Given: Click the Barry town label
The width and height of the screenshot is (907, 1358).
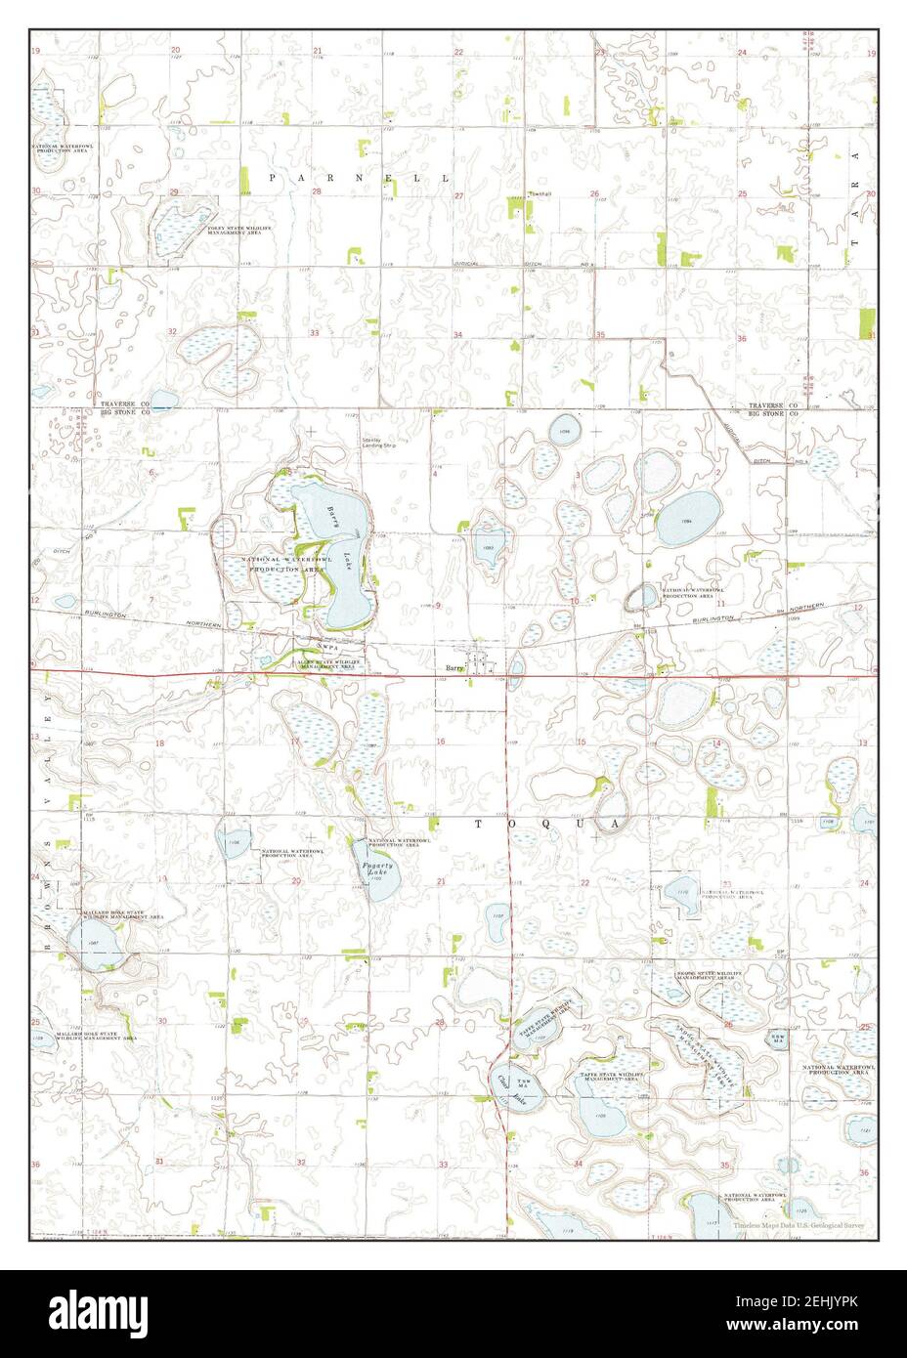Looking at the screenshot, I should [453, 668].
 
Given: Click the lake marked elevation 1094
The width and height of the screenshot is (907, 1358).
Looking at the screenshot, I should [687, 518].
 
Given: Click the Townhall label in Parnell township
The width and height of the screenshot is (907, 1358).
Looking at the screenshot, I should [540, 193].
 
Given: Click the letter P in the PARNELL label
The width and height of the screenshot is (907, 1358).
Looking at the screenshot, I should [273, 177].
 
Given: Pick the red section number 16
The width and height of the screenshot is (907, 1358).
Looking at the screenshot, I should [442, 743].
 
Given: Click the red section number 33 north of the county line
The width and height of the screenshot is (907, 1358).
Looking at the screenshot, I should [315, 333].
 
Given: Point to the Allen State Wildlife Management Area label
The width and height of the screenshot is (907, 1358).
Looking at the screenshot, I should [329, 664].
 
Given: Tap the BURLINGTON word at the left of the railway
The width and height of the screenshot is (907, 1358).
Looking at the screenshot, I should [102, 615].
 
